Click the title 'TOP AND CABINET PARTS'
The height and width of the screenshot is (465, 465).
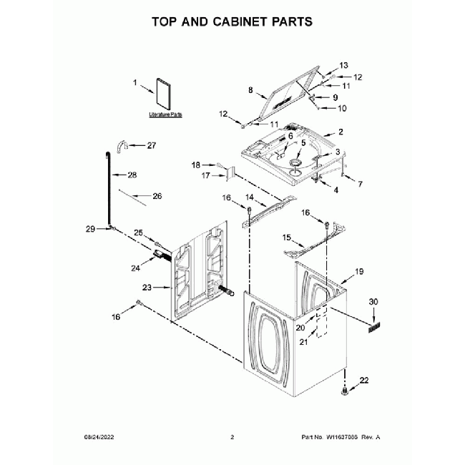coord(232,21)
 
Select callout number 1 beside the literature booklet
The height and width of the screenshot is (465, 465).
coord(134,83)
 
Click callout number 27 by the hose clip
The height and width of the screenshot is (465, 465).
coord(151,146)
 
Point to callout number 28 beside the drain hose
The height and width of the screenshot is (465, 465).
coord(132,175)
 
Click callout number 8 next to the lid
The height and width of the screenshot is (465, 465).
coord(250,90)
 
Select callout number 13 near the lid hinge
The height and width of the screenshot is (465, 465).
coord(343,64)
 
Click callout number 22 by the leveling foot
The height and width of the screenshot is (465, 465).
coord(364,380)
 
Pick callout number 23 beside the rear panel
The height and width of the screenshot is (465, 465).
coord(147,288)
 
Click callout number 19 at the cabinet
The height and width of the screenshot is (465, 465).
coord(360,271)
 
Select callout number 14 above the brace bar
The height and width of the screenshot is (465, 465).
coord(250,197)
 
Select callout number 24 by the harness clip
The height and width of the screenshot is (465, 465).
coord(134,268)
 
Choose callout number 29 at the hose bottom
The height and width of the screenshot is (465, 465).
coord(90,229)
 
